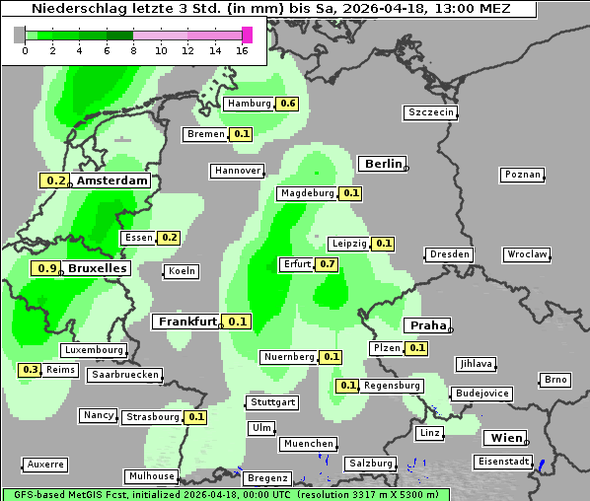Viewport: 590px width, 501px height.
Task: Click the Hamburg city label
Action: tap(250, 104)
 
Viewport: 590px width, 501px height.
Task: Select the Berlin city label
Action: tap(383, 164)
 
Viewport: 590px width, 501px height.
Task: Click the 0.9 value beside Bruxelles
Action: tap(45, 268)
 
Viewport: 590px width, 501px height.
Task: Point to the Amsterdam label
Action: tap(111, 180)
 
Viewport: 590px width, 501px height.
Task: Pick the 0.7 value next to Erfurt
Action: tap(328, 264)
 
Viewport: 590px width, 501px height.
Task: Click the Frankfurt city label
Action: tap(186, 322)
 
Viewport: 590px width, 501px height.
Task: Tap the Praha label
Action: tap(428, 325)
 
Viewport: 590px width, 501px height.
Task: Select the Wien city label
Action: tap(506, 438)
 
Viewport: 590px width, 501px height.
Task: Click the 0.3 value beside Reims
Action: tap(31, 370)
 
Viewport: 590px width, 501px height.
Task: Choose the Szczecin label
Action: tap(431, 112)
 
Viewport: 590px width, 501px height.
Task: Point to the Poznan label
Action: tap(522, 175)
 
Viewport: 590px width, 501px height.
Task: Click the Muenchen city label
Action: tap(308, 445)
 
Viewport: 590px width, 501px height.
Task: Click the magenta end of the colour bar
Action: tap(247, 35)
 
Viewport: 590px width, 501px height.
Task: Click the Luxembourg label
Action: tap(94, 350)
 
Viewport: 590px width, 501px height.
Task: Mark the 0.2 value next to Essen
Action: tap(170, 238)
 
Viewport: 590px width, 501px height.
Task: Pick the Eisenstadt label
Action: tap(503, 462)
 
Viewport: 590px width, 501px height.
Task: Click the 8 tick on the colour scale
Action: tap(133, 50)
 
